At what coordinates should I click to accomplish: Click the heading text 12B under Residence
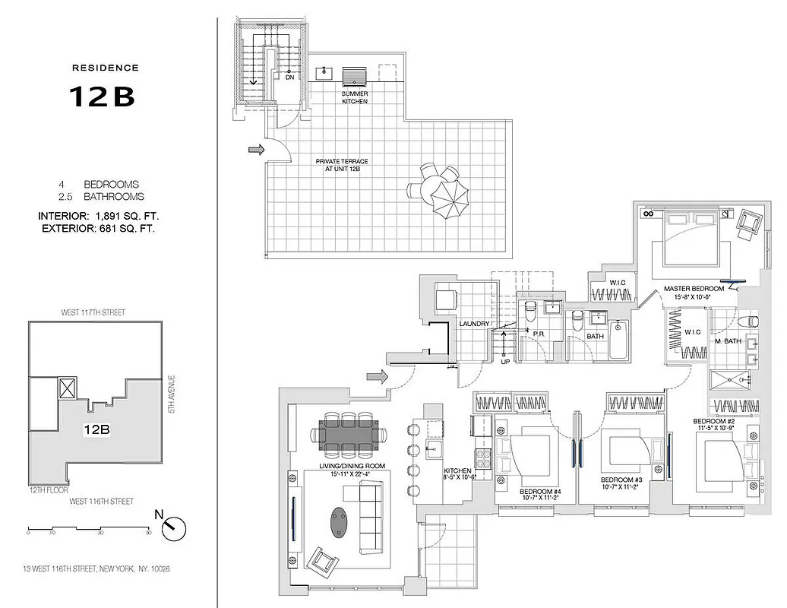tap(102, 97)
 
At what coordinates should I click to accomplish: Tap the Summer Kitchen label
tap(355, 97)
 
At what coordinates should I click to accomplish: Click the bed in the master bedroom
tap(690, 238)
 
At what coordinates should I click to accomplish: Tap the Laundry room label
tap(474, 325)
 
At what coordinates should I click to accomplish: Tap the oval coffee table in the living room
tap(339, 522)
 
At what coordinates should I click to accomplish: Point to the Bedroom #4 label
tap(540, 492)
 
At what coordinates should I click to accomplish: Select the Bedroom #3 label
tap(621, 480)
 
